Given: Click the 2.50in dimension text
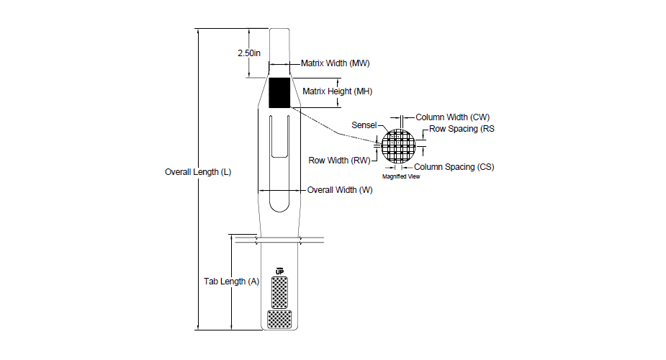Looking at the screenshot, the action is point(249,53).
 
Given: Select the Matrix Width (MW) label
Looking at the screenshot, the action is point(335,63).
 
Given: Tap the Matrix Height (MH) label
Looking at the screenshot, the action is point(337,91).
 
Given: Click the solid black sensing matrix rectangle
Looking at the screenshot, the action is point(279,93).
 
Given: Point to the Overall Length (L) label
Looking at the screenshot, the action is point(198,172).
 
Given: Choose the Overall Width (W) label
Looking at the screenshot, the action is point(340,190).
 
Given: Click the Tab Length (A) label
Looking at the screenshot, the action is point(232,282).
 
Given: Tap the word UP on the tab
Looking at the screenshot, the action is point(279,271).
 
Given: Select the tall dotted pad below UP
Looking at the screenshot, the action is point(279,292).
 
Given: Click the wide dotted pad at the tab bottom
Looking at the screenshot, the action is point(279,320).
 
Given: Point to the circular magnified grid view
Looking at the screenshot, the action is point(398,146).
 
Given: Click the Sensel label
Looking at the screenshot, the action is point(364,125).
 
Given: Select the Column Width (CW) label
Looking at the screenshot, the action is point(452,117).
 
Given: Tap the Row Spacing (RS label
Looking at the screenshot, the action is point(462,129).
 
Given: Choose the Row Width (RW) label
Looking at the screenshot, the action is point(339,161).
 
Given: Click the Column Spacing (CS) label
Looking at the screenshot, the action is point(454,167).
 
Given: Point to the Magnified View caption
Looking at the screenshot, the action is point(401,176).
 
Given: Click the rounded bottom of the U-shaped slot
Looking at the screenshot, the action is point(279,208).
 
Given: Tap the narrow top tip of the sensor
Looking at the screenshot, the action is point(279,30).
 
